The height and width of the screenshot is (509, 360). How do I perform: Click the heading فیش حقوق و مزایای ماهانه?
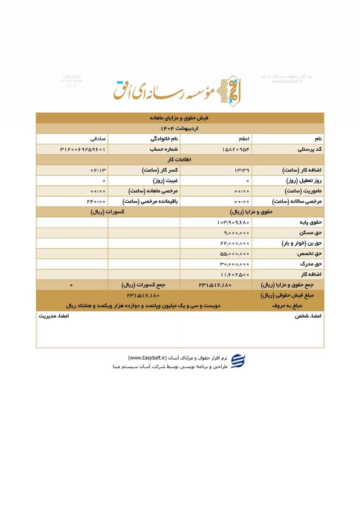click(x=180, y=118)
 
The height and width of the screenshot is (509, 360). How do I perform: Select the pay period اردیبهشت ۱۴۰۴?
click(x=180, y=128)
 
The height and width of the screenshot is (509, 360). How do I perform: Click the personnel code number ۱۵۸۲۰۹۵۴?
click(x=236, y=149)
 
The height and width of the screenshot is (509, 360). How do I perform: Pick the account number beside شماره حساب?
click(x=82, y=149)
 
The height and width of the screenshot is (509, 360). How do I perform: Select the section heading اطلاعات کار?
click(x=180, y=159)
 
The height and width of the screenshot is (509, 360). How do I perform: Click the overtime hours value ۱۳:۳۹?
click(x=242, y=170)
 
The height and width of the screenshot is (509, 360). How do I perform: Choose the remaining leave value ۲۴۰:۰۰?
click(x=97, y=201)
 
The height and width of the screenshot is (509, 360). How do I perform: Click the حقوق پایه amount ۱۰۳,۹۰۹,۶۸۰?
click(x=233, y=222)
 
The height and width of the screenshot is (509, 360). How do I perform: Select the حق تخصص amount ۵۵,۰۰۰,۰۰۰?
click(x=234, y=253)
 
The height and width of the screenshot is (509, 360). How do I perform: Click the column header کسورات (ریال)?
click(x=108, y=212)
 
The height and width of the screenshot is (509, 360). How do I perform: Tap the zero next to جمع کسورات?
click(x=72, y=285)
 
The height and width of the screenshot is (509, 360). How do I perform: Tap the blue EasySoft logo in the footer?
click(x=238, y=362)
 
